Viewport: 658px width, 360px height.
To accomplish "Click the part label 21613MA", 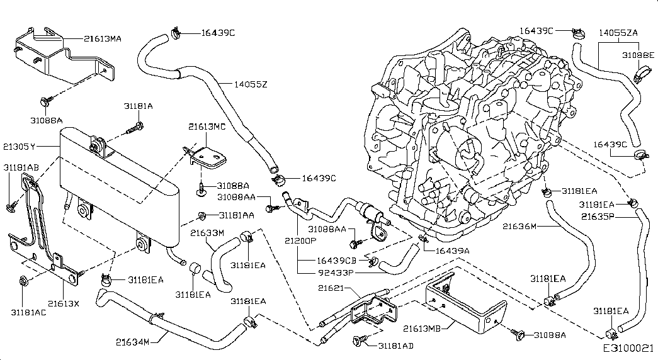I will [x=103, y=38].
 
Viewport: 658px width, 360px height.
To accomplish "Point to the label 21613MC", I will [x=207, y=127].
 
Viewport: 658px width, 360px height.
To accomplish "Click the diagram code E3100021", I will [x=629, y=348].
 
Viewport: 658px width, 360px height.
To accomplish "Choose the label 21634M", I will [x=132, y=342].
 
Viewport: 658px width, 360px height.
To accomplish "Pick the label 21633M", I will [x=207, y=233].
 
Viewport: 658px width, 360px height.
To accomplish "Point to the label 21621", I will [x=329, y=288].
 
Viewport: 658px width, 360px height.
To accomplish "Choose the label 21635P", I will [x=598, y=217].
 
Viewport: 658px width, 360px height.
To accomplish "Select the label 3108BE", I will [x=638, y=55].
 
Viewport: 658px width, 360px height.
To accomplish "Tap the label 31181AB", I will [x=21, y=167].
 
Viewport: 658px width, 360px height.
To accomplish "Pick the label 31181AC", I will [x=28, y=310].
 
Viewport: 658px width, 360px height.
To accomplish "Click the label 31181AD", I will [x=395, y=346].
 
